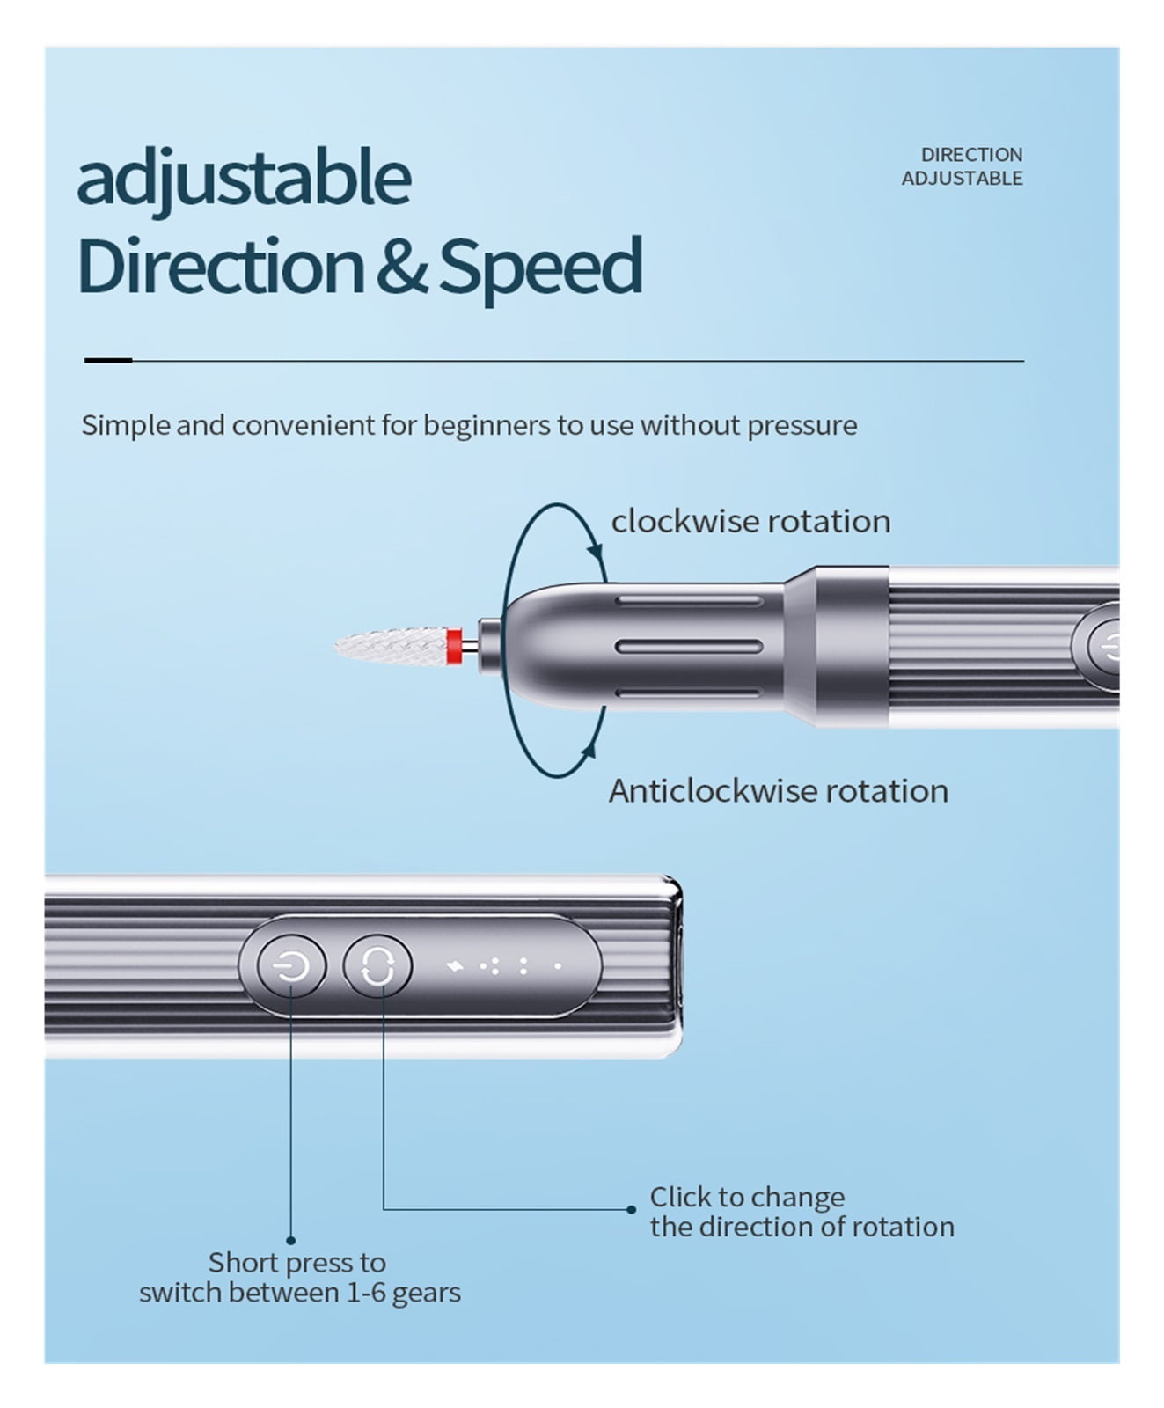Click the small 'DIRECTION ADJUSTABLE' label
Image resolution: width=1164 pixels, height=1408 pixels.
coord(962,166)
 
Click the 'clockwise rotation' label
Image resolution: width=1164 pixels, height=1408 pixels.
coord(750,521)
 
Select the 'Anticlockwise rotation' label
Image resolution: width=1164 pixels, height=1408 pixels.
coord(779,790)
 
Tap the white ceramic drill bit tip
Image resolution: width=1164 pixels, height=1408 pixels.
coord(391,646)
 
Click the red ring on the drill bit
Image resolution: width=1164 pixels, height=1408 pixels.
coord(455,646)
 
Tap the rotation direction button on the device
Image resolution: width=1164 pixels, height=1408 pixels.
coord(377,966)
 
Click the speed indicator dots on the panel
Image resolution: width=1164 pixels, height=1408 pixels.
coord(505,966)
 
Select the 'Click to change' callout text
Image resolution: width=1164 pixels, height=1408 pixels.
coord(747,1197)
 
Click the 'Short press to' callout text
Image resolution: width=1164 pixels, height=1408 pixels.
coord(297,1263)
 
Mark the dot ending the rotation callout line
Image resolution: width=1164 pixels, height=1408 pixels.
coord(631,1209)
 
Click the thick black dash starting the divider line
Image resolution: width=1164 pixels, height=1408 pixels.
coord(108,360)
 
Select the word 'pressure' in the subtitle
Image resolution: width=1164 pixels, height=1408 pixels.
coord(802,426)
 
